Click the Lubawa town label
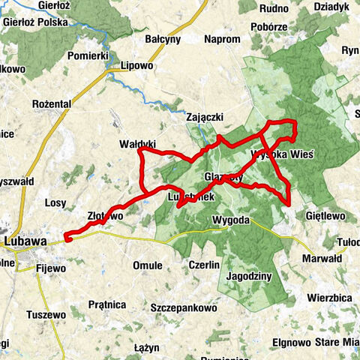(25, 241)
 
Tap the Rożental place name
(52, 103)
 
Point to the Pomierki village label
(88, 55)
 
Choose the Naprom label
(221, 39)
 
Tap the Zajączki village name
(205, 117)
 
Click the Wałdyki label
(137, 142)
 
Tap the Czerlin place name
(204, 265)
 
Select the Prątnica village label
(106, 304)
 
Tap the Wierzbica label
(330, 296)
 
